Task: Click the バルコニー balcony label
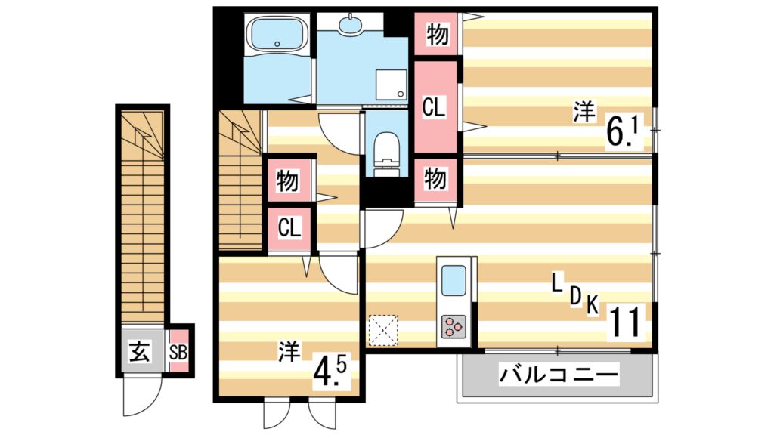559,374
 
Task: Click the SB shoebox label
178,352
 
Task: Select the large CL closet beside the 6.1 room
434,107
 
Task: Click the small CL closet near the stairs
288,227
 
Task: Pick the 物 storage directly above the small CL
288,180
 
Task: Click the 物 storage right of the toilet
435,179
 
